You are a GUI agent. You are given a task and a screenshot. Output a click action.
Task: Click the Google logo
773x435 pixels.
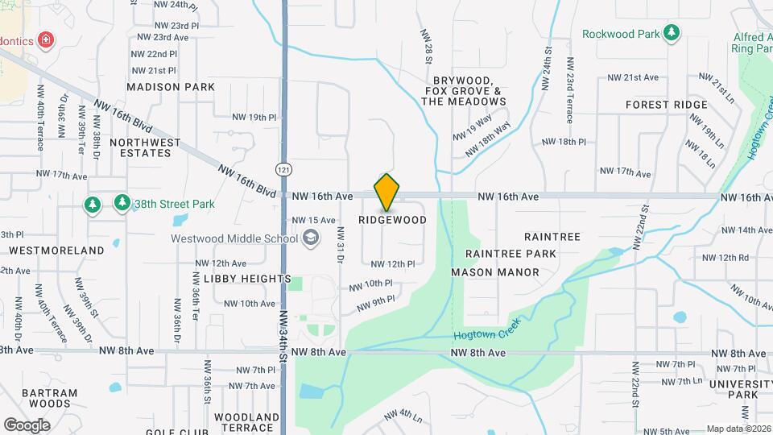(27, 425)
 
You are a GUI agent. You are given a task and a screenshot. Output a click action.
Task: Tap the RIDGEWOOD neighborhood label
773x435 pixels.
(392, 220)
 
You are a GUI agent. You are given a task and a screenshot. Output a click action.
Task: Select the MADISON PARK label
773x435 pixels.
(171, 87)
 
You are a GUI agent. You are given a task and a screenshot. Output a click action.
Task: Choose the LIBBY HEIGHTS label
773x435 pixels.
(247, 279)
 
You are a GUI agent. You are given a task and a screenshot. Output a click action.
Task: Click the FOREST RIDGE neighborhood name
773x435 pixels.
(666, 105)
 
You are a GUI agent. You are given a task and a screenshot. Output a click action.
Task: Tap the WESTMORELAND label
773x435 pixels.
(56, 251)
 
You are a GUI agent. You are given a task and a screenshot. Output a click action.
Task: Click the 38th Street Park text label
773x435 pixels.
(174, 204)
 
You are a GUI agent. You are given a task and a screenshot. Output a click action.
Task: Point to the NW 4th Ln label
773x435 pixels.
(404, 416)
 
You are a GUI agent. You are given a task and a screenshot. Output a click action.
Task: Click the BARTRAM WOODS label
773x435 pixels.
(50, 398)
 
